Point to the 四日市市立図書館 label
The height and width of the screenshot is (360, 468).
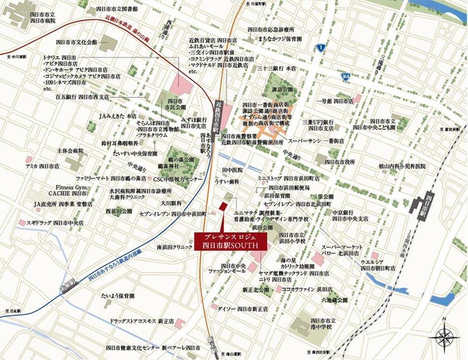(117, 9)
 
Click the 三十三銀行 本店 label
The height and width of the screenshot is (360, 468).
(275, 68)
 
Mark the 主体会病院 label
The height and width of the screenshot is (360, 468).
(71, 151)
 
